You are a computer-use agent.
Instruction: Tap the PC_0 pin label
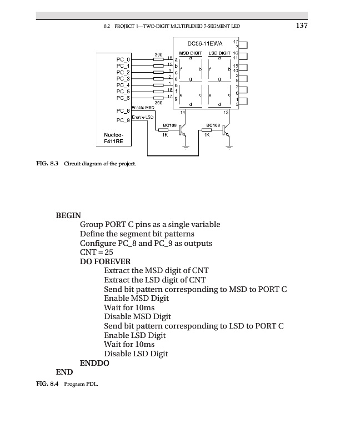point(123,59)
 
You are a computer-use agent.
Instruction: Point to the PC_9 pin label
point(123,120)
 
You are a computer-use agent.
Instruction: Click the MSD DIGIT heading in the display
point(190,53)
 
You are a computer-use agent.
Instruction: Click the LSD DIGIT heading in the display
point(219,53)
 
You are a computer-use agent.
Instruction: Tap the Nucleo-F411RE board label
point(113,138)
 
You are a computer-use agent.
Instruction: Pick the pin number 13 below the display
point(226,113)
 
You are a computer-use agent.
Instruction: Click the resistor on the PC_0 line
point(158,59)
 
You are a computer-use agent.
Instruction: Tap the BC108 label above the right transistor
point(213,125)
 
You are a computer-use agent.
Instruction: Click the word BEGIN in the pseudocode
point(68,215)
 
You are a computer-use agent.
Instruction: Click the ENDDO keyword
point(94,363)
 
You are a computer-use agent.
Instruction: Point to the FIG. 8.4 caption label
point(47,384)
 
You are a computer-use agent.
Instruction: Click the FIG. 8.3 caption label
point(47,164)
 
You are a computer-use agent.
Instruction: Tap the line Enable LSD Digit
point(135,335)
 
